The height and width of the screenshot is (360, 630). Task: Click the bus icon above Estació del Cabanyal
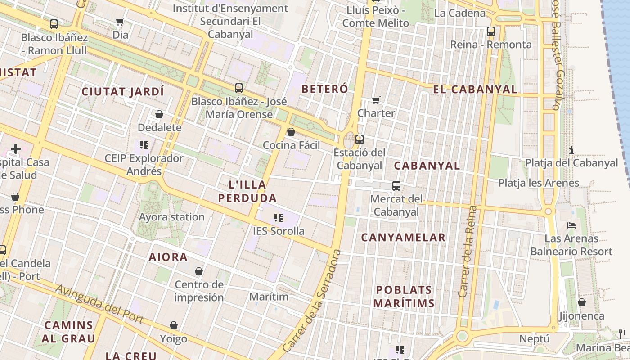[x=359, y=139]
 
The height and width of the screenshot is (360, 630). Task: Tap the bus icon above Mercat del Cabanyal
[x=396, y=186]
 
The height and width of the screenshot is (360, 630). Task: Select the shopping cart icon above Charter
[x=376, y=100]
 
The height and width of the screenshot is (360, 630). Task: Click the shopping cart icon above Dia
[x=120, y=22]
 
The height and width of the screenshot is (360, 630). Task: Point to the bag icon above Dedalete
[x=159, y=115]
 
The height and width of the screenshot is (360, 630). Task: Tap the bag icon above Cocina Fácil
[x=291, y=132]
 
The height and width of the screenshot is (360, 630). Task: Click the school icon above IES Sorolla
[x=279, y=218]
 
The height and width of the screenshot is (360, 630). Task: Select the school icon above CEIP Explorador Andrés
[x=144, y=145]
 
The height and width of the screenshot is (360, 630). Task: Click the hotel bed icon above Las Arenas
[x=571, y=225]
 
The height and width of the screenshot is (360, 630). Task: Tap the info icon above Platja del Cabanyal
[x=571, y=150]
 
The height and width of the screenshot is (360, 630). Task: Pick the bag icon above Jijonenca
[x=582, y=302]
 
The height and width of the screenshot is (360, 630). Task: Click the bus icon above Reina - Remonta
[x=491, y=31]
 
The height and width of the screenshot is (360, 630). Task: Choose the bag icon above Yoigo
[x=174, y=325]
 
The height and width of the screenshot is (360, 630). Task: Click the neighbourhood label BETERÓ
[x=324, y=89]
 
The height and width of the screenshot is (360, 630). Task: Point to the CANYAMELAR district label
[x=403, y=238]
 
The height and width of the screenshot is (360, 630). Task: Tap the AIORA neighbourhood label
[x=168, y=257]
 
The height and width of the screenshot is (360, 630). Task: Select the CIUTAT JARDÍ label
[x=122, y=92]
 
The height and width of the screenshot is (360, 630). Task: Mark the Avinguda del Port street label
[x=99, y=304]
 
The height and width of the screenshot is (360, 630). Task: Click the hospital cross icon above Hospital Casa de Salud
[x=16, y=148]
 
